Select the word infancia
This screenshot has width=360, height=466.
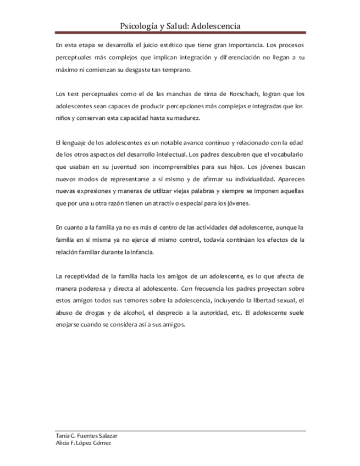point(139,252)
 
